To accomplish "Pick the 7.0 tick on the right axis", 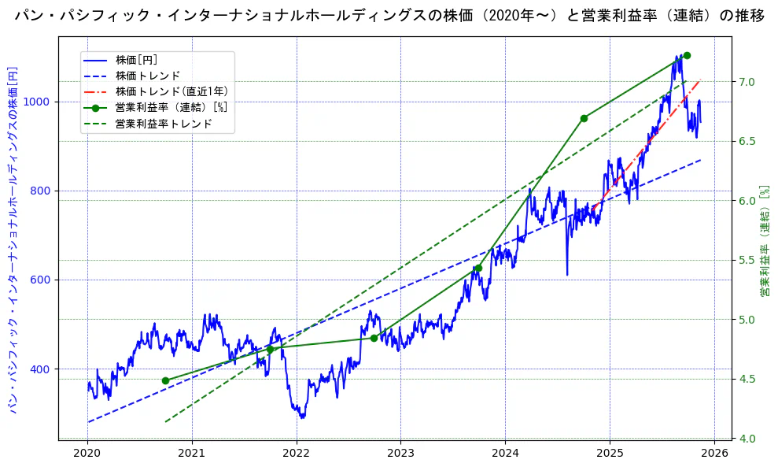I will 747,82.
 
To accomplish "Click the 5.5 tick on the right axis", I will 747,261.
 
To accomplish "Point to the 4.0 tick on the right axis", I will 747,439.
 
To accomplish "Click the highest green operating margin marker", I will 687,55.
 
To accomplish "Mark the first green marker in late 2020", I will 165,380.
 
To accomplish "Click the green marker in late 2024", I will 584,118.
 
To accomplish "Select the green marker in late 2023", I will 477,269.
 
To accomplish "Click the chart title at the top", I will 389,16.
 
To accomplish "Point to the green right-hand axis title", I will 764,242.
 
